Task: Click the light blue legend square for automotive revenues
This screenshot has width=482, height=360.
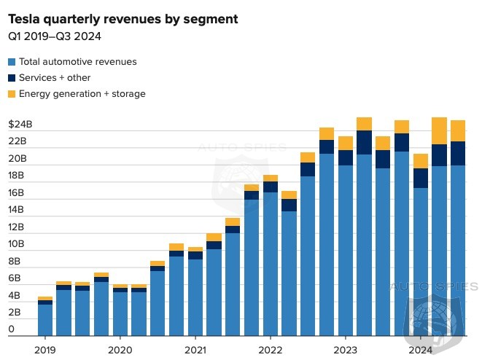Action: pos(12,62)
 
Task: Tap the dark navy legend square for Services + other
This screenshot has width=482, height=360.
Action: pos(12,78)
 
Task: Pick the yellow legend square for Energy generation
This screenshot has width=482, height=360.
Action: pos(12,94)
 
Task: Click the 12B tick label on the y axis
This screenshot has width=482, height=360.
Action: pos(17,227)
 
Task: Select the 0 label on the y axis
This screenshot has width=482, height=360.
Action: pos(11,330)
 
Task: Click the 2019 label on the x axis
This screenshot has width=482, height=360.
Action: pos(45,349)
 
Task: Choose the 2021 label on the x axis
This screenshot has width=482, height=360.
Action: pos(195,349)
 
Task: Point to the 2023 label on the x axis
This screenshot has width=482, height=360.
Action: pos(345,349)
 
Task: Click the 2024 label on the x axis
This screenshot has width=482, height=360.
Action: pos(420,349)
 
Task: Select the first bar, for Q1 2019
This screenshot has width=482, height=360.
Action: pos(45,317)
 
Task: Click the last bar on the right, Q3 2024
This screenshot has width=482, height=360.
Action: pos(458,233)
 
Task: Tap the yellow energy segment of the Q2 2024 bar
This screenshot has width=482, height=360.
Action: pos(439,131)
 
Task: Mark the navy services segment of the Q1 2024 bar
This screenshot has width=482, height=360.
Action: pos(420,178)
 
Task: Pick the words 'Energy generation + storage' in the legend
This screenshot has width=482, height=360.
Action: pos(82,94)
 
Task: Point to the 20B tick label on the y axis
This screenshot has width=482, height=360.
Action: pos(17,159)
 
